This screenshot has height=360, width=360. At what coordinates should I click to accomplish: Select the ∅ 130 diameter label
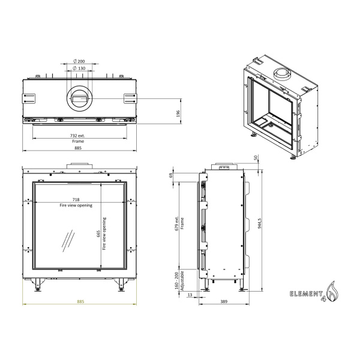(79, 68)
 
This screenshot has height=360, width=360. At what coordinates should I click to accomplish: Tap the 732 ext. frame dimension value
(79, 136)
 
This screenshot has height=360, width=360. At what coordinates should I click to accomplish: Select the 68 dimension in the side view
(171, 175)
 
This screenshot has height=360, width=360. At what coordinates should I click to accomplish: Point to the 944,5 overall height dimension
(259, 227)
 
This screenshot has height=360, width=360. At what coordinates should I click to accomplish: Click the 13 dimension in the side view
(190, 294)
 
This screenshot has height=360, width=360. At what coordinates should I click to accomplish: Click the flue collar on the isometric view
(281, 73)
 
